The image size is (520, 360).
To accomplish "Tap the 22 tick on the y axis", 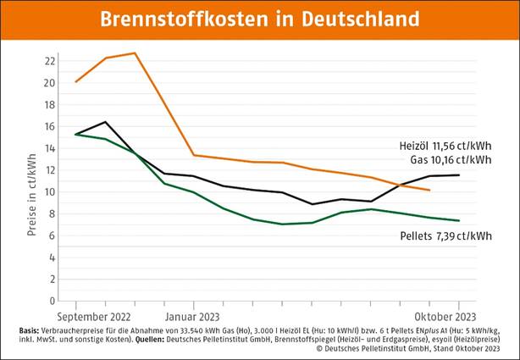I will click(50, 61).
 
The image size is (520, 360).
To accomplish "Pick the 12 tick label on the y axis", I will click(50, 170).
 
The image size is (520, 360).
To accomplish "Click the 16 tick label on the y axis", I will click(50, 126).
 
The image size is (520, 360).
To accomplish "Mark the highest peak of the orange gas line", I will click(134, 53).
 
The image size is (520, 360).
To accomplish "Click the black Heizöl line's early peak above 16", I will click(105, 122).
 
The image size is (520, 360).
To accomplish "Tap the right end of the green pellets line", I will click(459, 220).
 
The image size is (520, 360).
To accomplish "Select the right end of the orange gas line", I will click(429, 191).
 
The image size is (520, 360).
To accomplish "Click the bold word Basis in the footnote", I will click(31, 329).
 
